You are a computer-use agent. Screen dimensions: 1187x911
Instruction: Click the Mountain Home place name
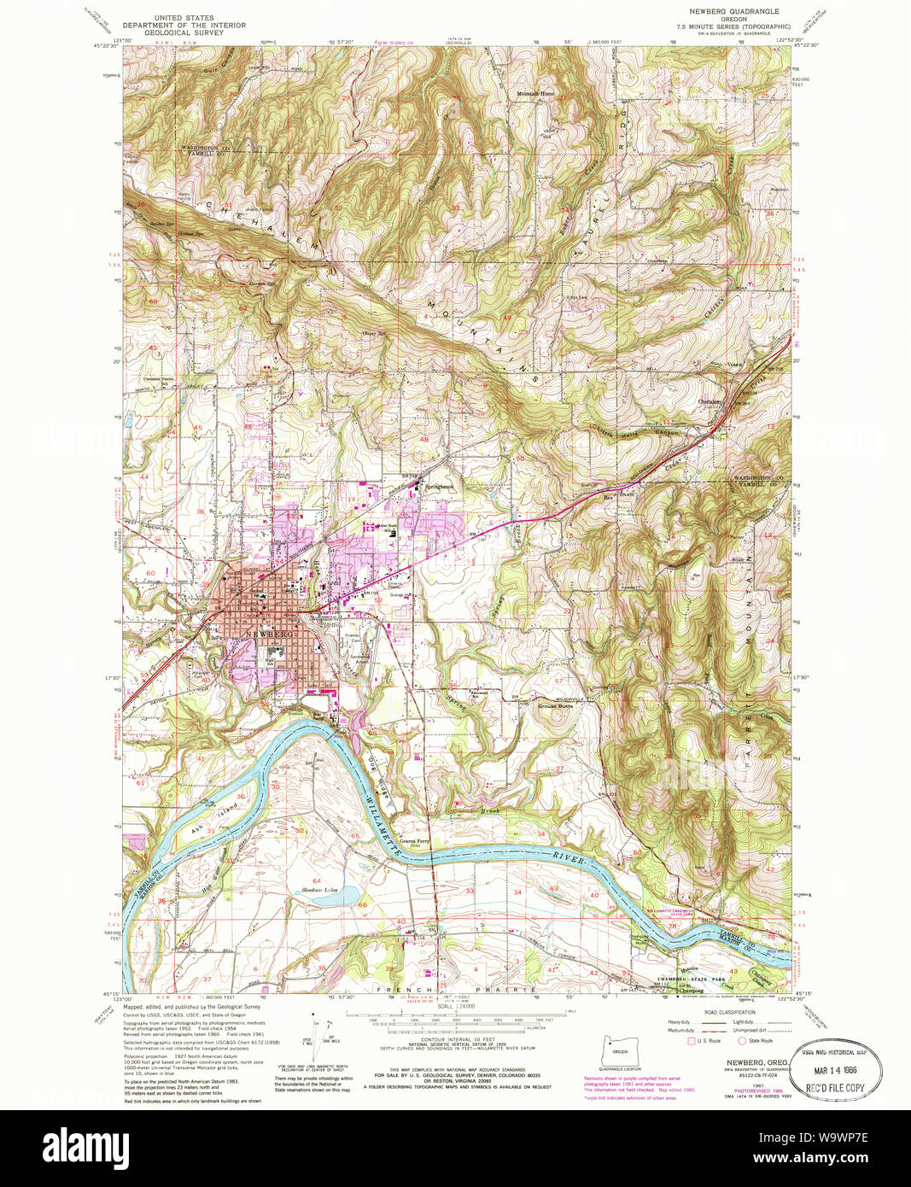[x=534, y=93]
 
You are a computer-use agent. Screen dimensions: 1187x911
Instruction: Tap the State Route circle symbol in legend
[x=741, y=1040]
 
